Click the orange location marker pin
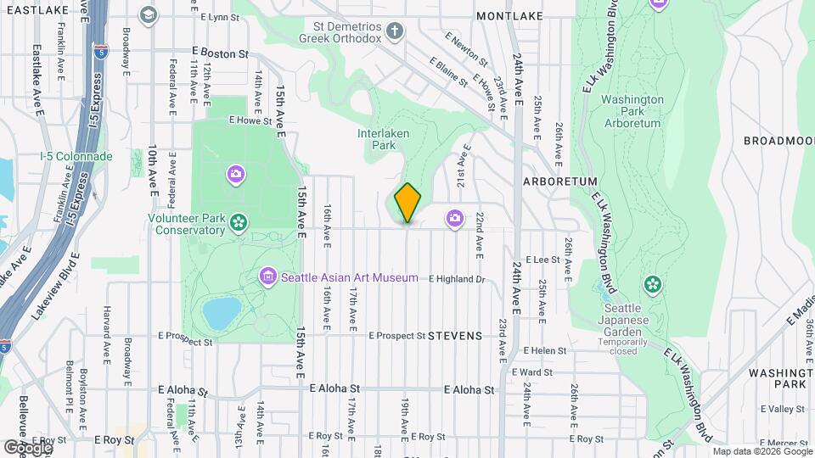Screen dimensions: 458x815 tap(407, 202)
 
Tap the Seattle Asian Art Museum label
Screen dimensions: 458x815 tap(349, 277)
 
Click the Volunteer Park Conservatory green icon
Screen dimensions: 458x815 tap(239, 222)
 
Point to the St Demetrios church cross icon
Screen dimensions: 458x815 tap(393, 32)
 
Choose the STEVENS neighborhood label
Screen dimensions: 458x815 tap(455, 336)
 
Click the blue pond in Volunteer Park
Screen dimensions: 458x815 tap(222, 313)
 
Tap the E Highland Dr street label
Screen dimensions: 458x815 tap(456, 279)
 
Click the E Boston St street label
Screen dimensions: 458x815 tap(219, 53)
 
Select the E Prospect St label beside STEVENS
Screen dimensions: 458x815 tap(396, 336)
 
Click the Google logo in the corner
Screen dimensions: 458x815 tap(27, 446)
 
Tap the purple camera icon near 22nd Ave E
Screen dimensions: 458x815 tap(455, 219)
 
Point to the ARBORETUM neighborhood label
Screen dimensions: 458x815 tap(560, 182)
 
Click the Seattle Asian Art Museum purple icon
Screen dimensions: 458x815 tap(268, 276)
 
